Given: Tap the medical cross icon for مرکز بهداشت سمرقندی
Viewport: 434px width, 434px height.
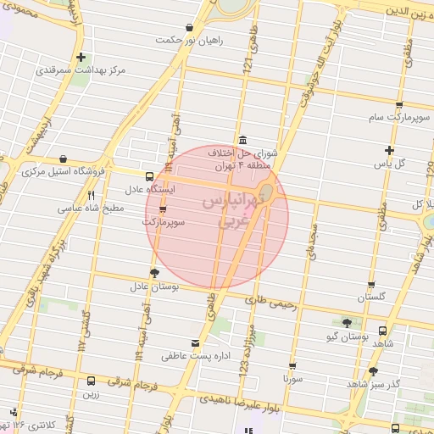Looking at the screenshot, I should (81, 58).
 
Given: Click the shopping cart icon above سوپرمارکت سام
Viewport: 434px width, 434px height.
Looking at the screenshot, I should (398, 106).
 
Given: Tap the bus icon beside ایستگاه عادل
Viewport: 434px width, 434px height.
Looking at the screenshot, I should (149, 177).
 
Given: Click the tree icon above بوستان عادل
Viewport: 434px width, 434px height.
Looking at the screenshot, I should (153, 272).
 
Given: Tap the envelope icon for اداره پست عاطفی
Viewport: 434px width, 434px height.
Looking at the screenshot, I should (196, 343).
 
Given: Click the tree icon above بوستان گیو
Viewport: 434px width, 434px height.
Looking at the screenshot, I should (347, 322).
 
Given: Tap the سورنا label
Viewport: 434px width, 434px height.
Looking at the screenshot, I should (293, 380).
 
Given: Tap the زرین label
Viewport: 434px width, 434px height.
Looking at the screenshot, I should (90, 393).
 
